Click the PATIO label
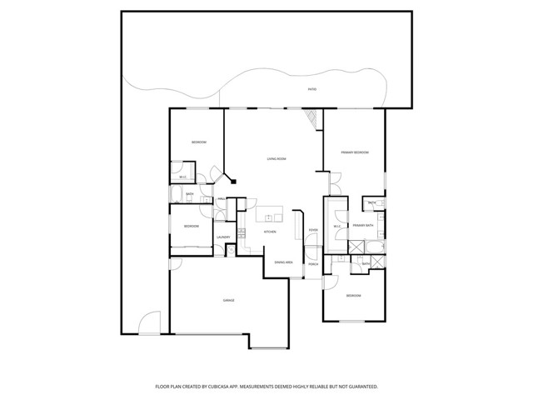pyautogui.click(x=311, y=89)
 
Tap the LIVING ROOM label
pyautogui.click(x=276, y=157)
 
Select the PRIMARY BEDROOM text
pyautogui.click(x=355, y=152)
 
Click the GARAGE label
pyautogui.click(x=228, y=300)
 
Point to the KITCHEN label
pyautogui.click(x=270, y=232)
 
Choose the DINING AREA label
pyautogui.click(x=284, y=262)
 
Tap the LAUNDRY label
pyautogui.click(x=223, y=237)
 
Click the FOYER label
pyautogui.click(x=313, y=230)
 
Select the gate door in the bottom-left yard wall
pyautogui.click(x=150, y=323)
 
